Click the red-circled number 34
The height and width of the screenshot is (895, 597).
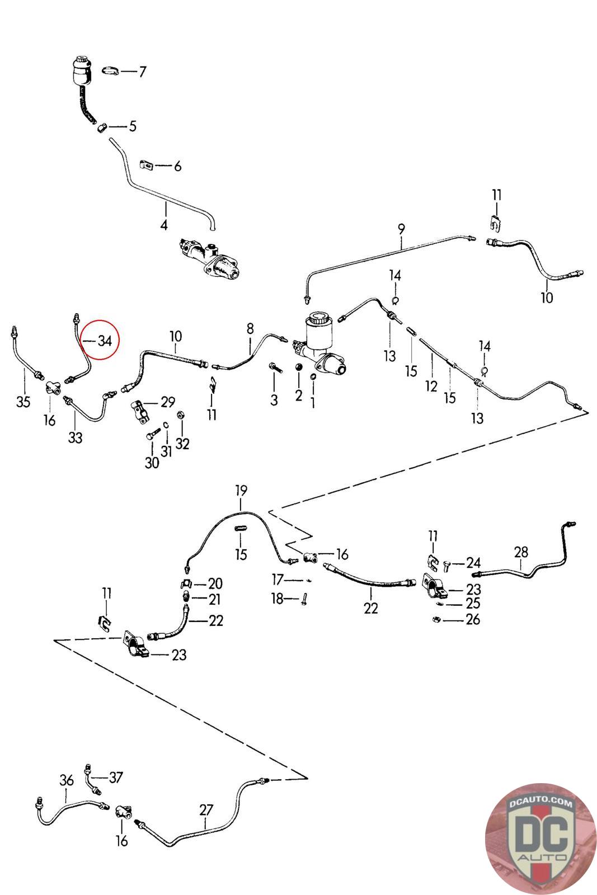(105, 341)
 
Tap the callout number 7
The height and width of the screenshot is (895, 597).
(142, 72)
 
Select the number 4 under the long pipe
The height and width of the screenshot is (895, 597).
(164, 225)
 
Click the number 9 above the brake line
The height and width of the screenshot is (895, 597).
(401, 228)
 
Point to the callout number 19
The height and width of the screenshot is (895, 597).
(241, 491)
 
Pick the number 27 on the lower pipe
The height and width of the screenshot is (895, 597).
(206, 809)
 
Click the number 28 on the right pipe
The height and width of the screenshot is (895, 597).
(521, 553)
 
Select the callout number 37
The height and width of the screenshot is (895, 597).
(116, 777)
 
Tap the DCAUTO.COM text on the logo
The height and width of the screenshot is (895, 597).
(540, 804)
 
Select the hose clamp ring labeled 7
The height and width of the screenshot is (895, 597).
(111, 70)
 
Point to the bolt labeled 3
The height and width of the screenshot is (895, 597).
(274, 367)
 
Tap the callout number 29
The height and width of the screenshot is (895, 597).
(168, 402)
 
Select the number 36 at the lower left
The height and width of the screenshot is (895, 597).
(67, 780)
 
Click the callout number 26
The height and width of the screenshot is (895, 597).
(473, 619)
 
